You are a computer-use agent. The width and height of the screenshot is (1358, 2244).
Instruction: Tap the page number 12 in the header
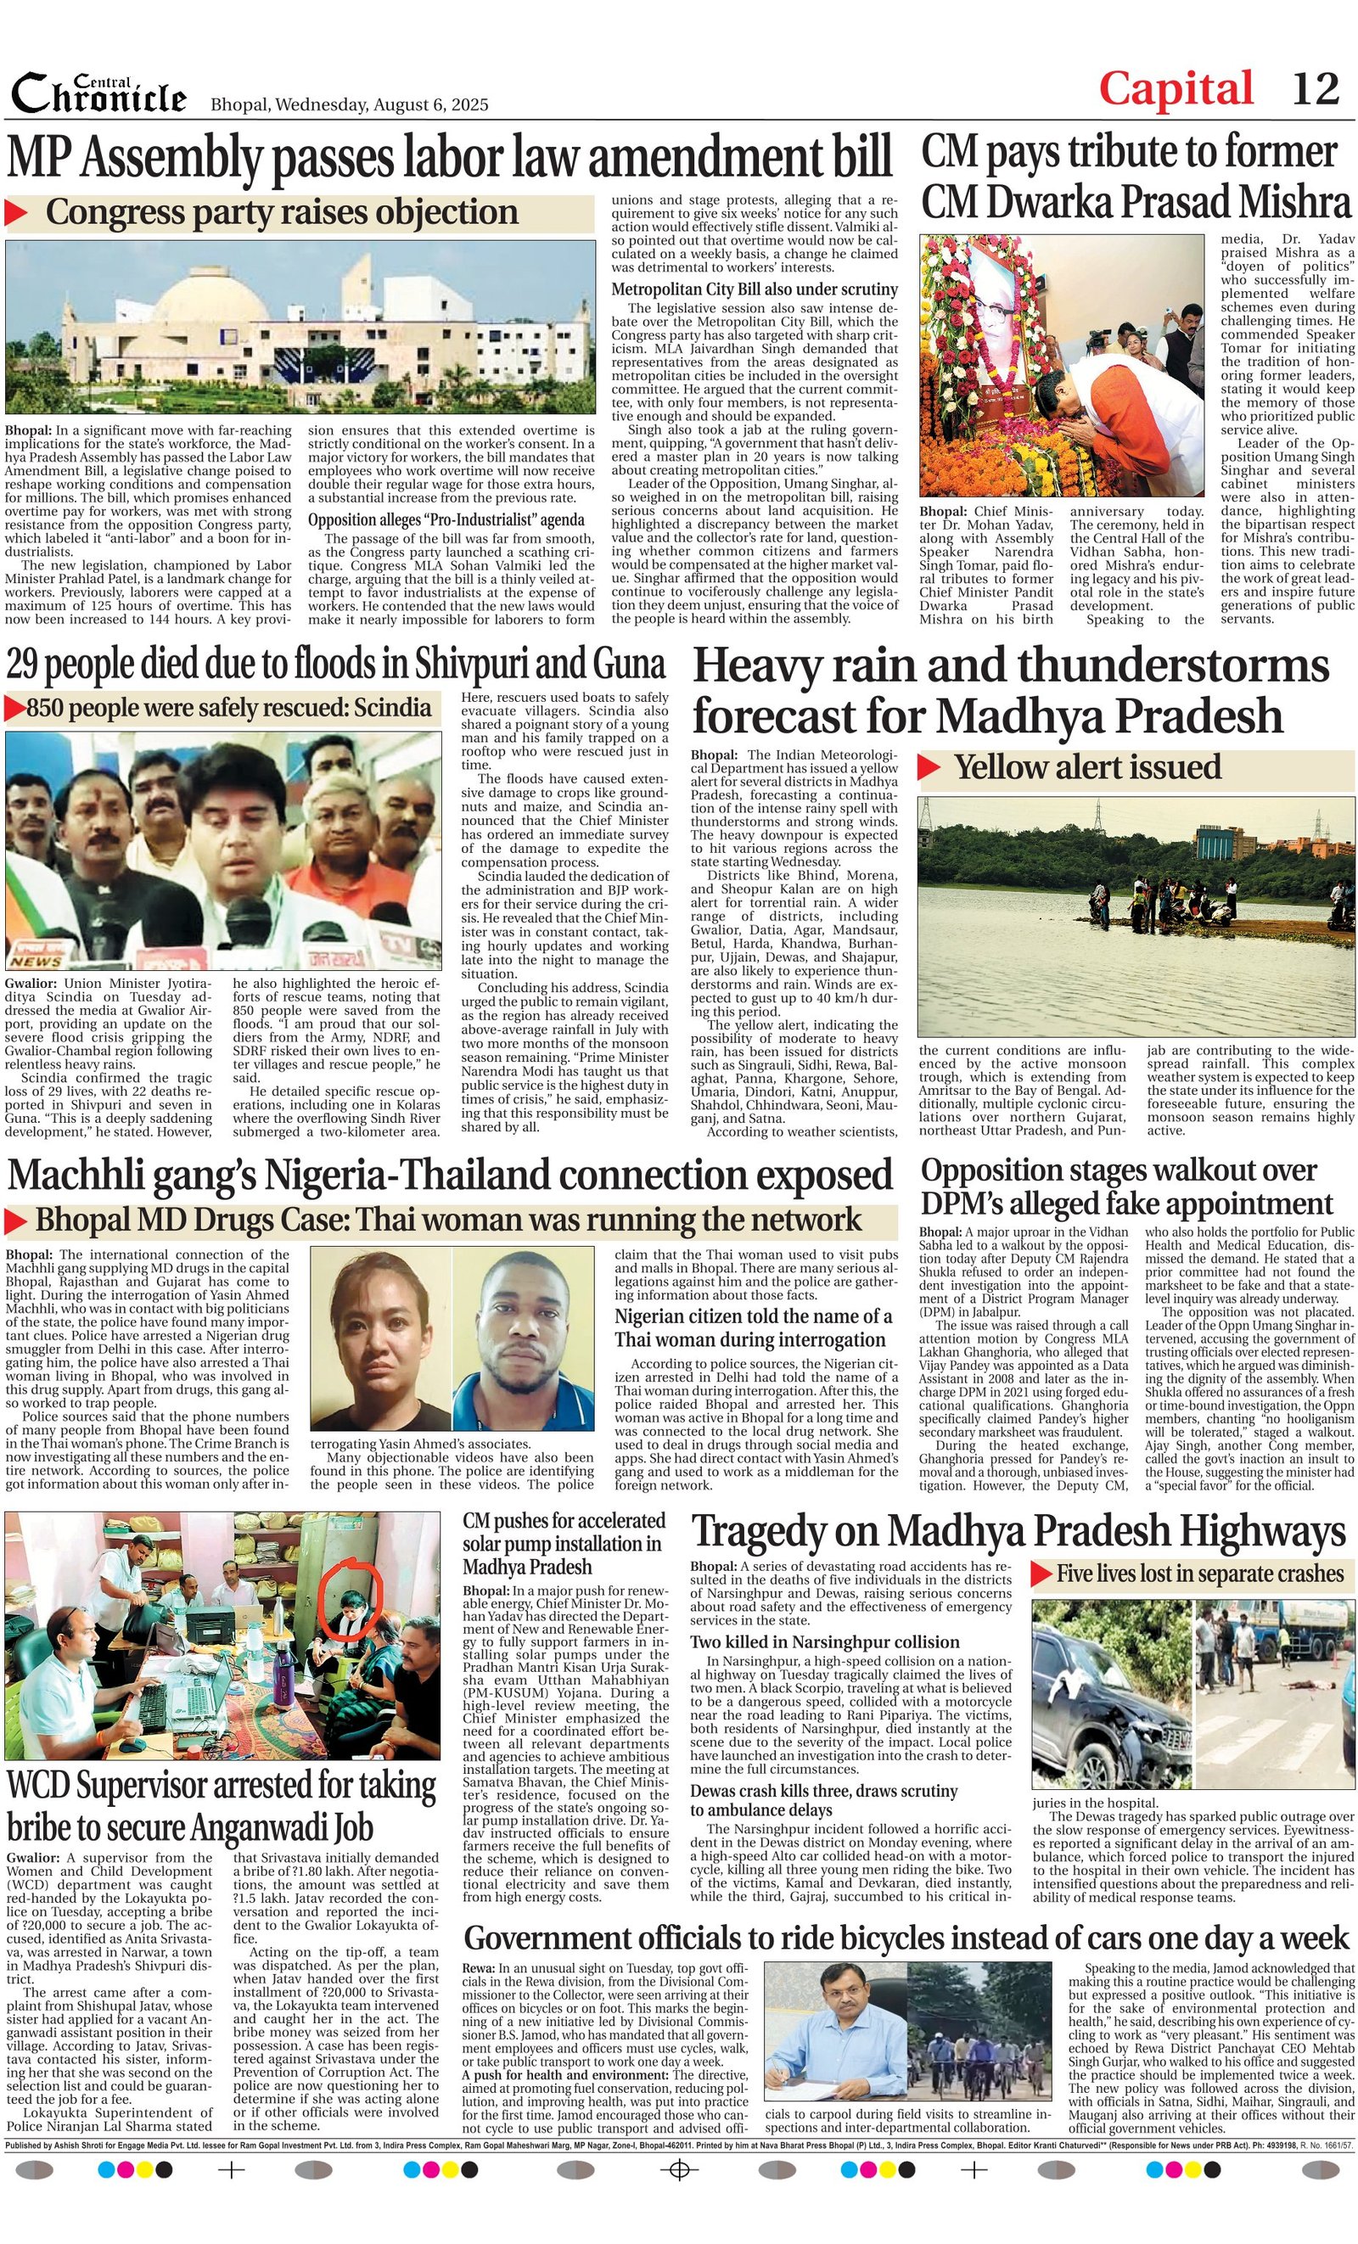point(1316,89)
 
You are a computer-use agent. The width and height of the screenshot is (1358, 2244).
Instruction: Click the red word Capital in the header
point(1176,89)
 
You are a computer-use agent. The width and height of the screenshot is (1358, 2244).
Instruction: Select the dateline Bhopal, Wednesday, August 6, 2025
point(350,104)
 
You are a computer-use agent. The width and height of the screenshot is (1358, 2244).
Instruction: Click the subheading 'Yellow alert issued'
point(1087,767)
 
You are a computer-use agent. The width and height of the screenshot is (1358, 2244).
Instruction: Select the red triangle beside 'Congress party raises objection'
point(16,213)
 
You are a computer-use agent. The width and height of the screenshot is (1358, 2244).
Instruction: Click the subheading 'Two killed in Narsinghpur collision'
point(824,1642)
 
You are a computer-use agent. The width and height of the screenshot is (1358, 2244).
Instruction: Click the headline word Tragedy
point(769,1533)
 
